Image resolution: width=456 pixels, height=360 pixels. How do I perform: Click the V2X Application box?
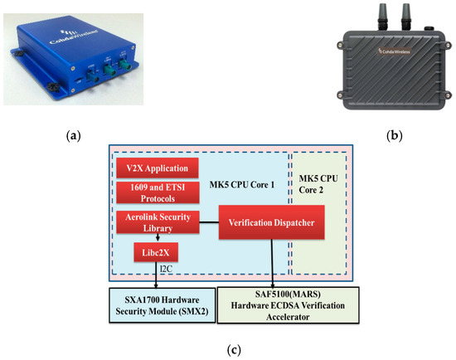tap(158, 168)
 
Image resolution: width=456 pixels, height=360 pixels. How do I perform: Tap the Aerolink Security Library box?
tap(158, 221)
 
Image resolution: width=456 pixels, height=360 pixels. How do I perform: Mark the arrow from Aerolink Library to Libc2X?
tap(158, 237)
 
